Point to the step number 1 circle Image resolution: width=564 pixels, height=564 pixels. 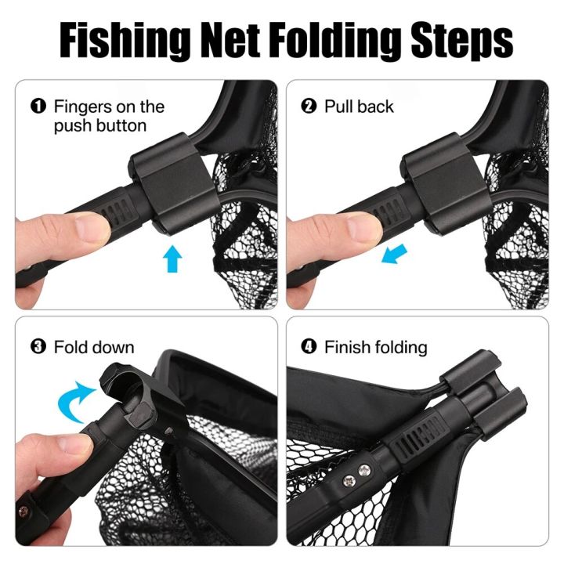[x=38, y=107]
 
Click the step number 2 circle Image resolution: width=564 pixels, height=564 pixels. [x=308, y=107]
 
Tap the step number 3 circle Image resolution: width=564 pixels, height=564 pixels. [x=38, y=347]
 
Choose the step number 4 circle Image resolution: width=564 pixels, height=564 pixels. [x=308, y=347]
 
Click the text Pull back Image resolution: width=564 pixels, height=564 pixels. [x=359, y=107]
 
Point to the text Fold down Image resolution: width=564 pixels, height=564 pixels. [x=94, y=347]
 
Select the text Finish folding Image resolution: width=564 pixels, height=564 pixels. [x=376, y=347]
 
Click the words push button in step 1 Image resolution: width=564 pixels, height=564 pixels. [x=100, y=125]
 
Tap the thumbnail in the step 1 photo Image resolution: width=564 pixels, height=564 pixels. [x=78, y=229]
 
